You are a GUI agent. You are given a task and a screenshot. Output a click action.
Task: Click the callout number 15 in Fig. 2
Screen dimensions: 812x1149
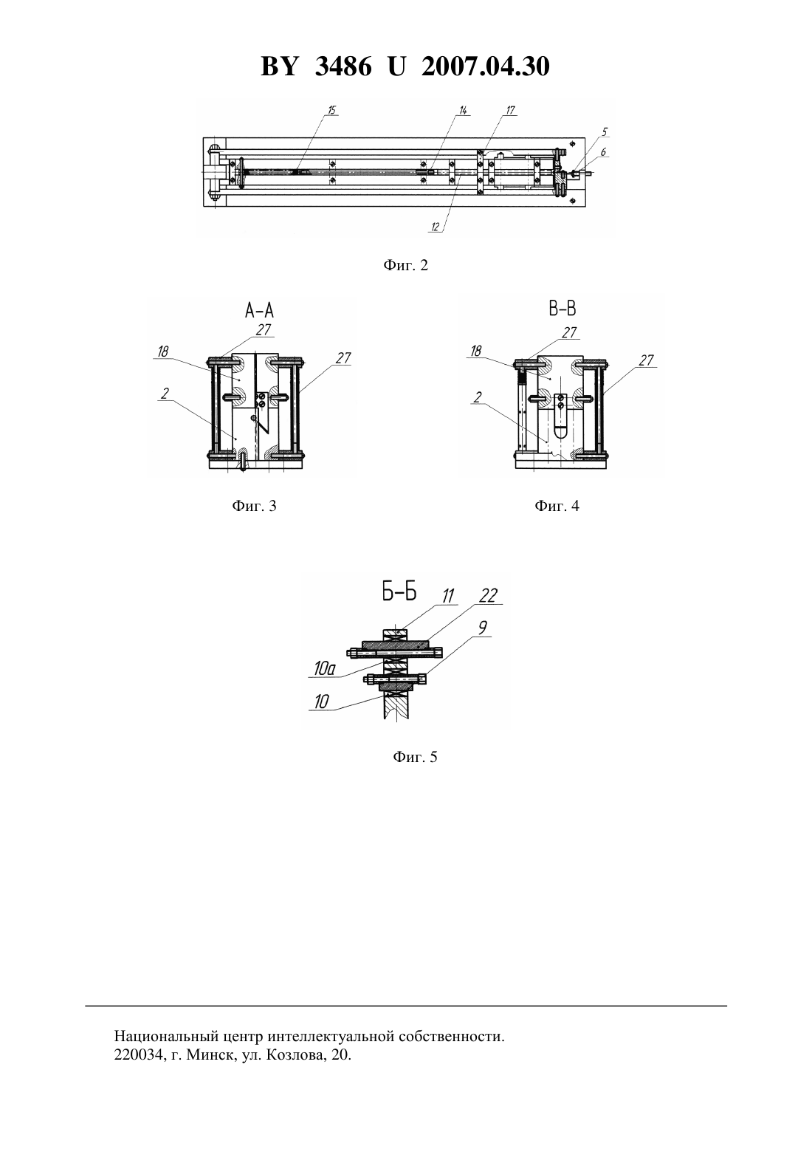(332, 110)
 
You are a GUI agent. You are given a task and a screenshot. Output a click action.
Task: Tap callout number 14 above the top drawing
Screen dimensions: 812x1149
(464, 110)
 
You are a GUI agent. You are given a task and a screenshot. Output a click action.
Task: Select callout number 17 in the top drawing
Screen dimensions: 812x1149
(510, 110)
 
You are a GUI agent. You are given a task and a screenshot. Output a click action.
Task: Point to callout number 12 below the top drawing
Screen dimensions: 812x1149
(436, 227)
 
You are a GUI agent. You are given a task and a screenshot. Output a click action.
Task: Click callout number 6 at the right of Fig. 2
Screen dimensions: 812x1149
(603, 152)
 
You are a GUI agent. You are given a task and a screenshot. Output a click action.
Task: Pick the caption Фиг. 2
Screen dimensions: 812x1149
(405, 265)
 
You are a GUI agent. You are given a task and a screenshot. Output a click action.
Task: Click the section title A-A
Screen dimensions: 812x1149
(259, 310)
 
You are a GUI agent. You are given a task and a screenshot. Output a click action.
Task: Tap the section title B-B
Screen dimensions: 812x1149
(562, 309)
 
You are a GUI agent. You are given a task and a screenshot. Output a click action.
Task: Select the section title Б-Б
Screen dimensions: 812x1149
(399, 593)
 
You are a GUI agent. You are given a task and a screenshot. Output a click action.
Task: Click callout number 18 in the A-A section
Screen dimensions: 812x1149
(163, 352)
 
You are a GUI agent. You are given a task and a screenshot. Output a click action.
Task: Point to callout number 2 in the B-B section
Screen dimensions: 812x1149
(478, 397)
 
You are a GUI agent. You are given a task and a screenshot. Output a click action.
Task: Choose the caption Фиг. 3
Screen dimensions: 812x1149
(254, 506)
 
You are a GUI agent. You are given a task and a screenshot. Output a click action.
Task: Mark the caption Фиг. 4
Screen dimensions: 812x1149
(557, 506)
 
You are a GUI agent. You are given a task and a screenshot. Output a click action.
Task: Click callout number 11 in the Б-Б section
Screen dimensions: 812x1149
(448, 596)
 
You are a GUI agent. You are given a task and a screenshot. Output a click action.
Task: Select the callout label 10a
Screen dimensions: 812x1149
(324, 670)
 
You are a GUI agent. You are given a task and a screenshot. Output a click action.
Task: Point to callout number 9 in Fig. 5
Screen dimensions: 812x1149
(482, 628)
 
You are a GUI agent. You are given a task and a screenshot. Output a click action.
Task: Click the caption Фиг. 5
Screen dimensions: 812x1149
(415, 757)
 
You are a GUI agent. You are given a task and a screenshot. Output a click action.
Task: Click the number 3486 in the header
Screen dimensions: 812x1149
(343, 66)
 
